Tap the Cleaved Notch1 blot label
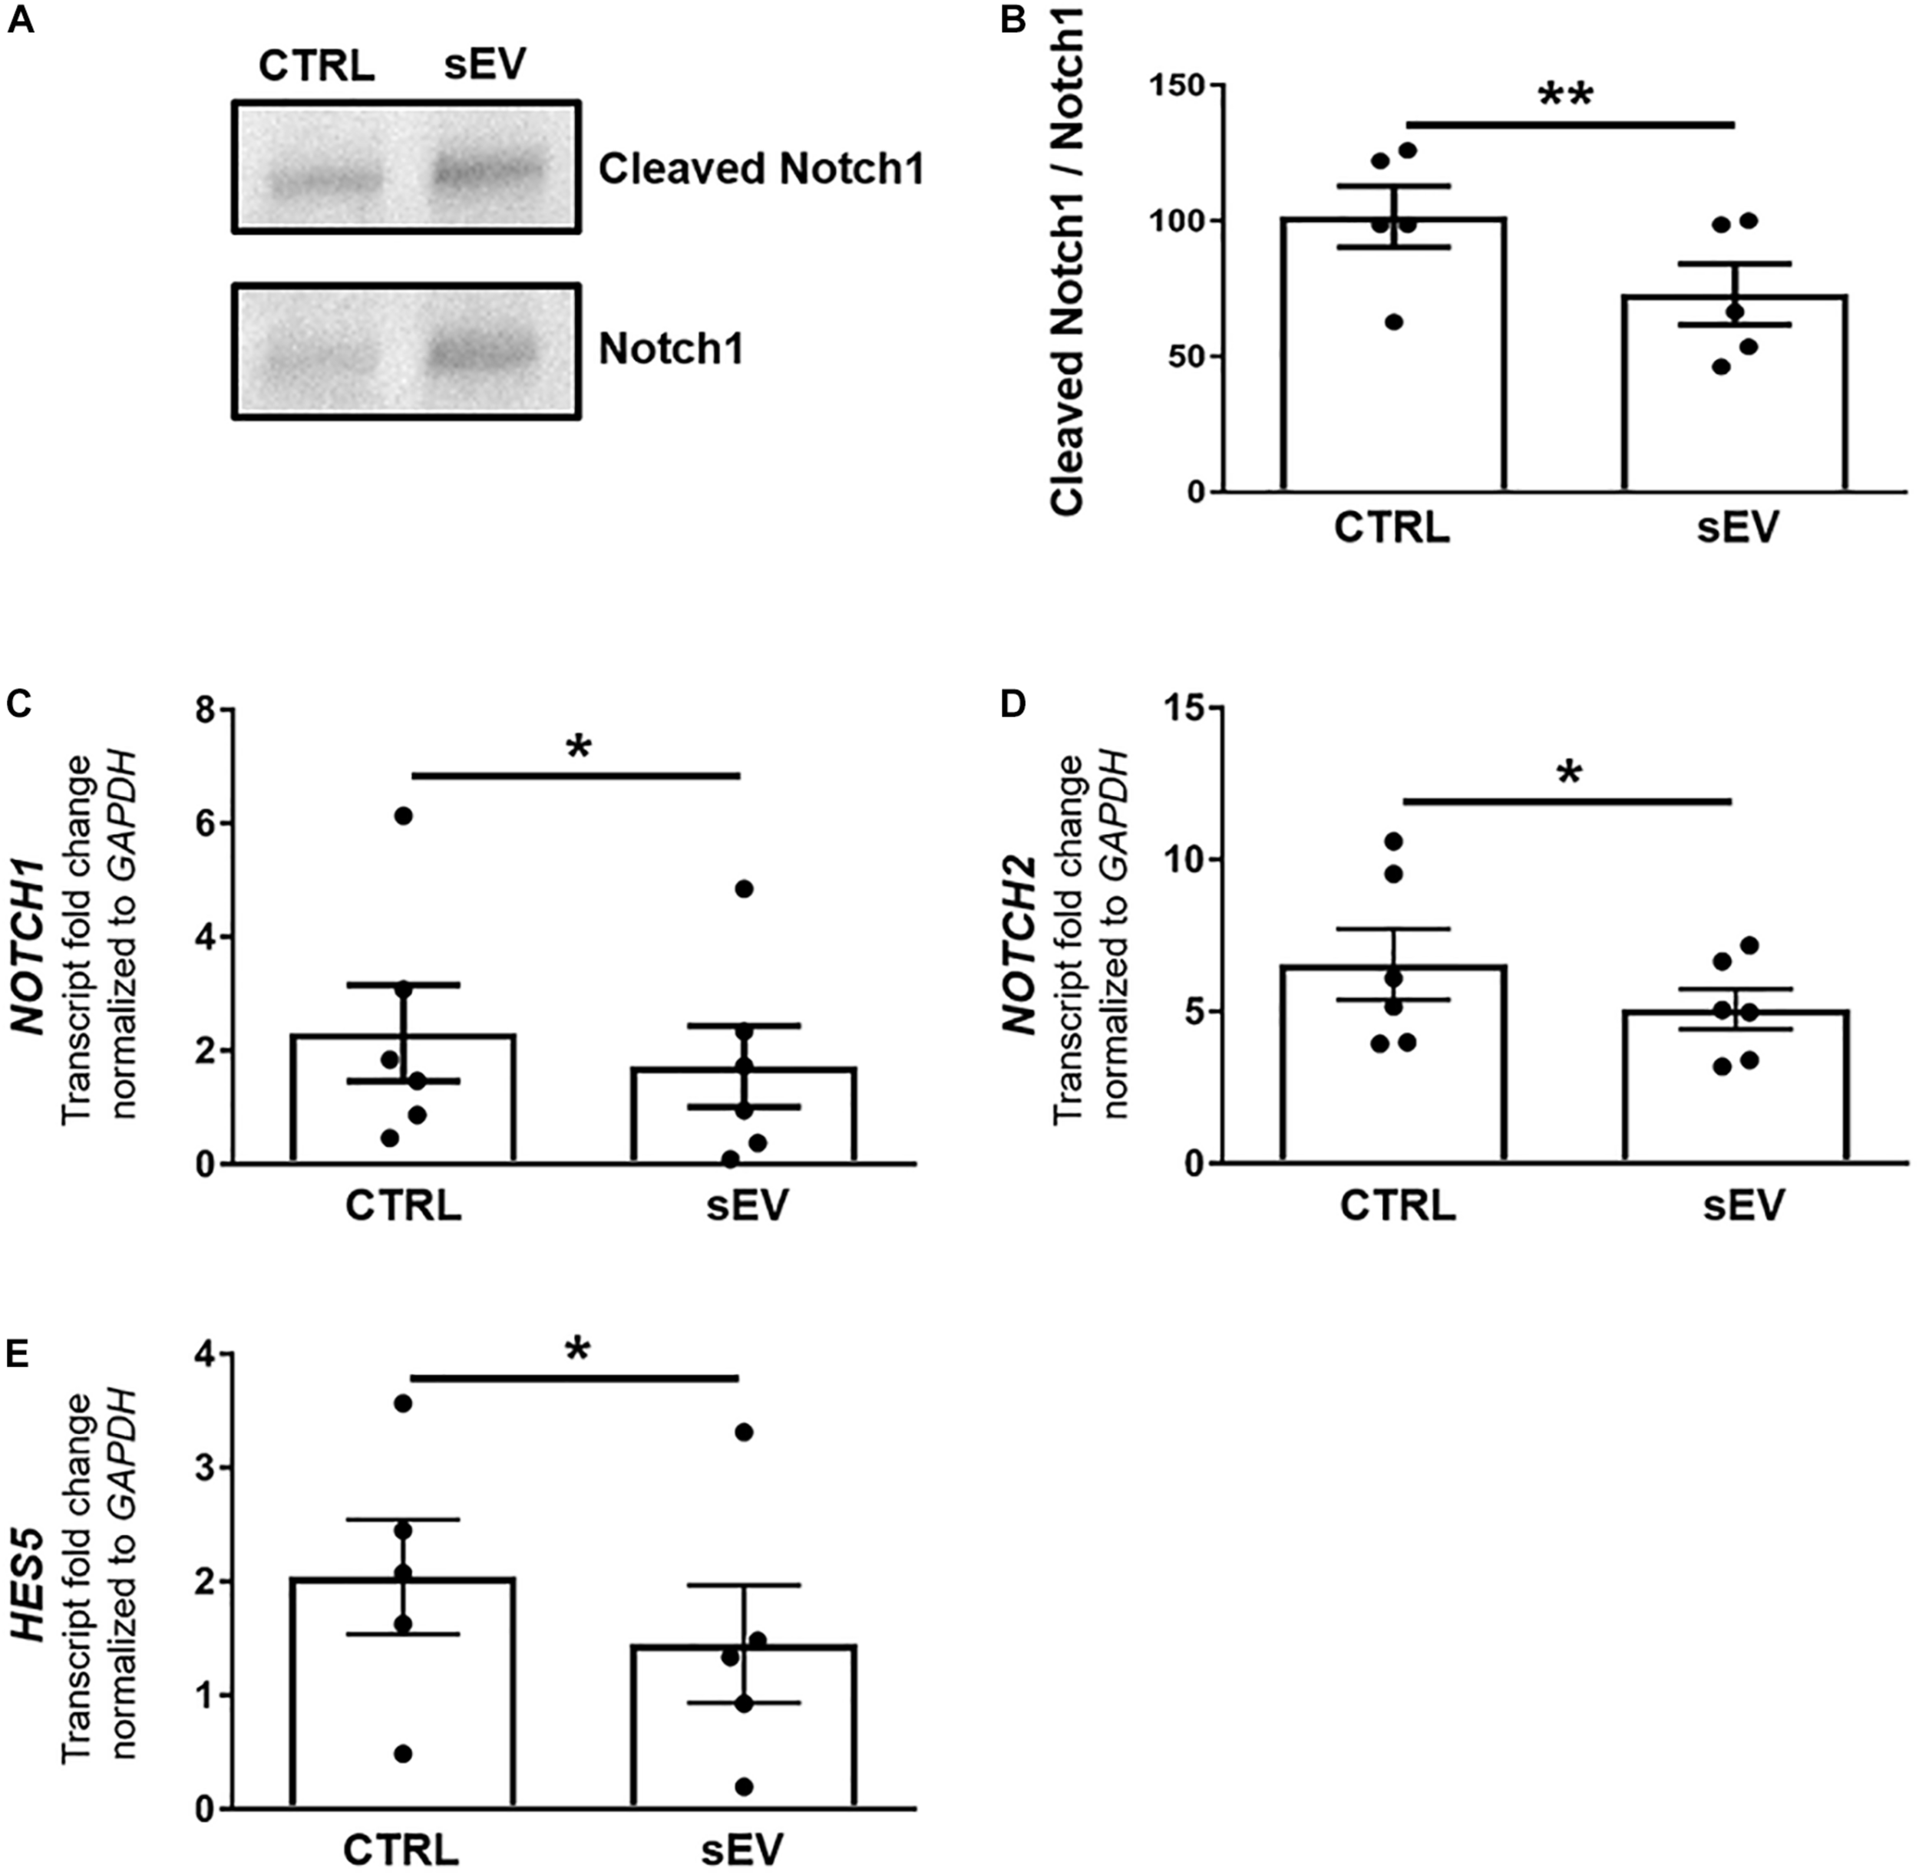pyautogui.click(x=761, y=170)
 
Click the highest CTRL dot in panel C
pyautogui.click(x=403, y=816)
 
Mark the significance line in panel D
pyautogui.click(x=1567, y=802)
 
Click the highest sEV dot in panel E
pyautogui.click(x=744, y=1432)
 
